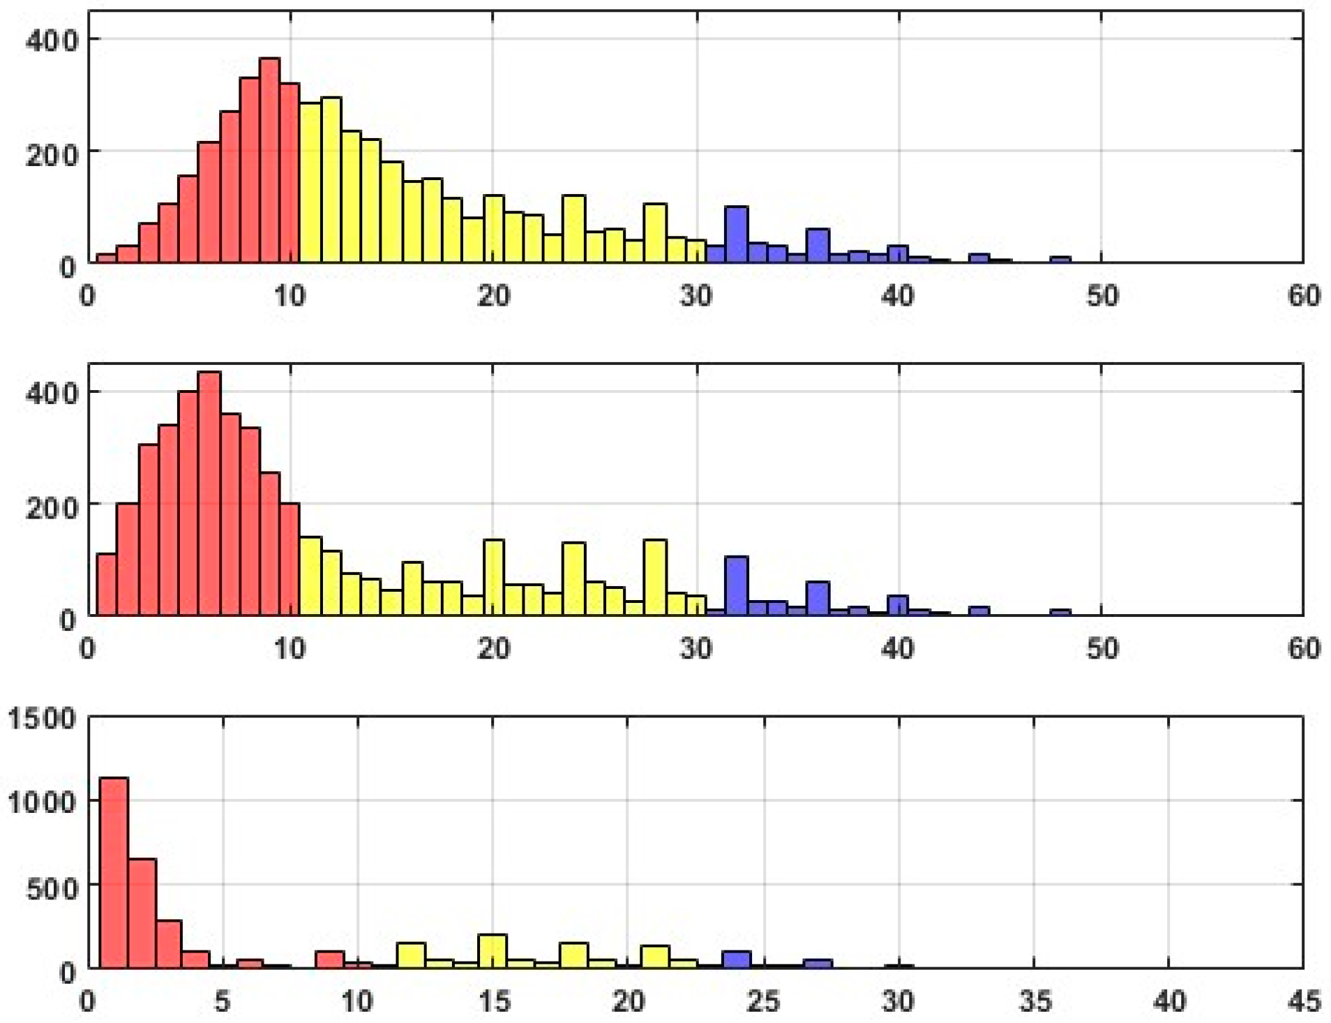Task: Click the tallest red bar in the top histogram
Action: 269,160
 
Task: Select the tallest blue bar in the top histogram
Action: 736,234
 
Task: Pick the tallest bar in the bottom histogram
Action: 114,872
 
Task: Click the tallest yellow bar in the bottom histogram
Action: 492,950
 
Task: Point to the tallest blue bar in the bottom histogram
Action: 736,959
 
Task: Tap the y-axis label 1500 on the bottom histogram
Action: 42,719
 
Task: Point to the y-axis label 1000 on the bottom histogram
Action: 42,802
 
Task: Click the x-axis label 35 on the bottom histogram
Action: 1034,1002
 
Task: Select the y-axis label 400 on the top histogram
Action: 52,40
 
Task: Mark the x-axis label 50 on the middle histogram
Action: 1101,649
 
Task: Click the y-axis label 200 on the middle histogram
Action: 52,506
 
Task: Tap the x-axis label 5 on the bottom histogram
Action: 223,1002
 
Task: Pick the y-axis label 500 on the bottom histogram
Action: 52,887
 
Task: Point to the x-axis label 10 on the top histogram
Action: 290,296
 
